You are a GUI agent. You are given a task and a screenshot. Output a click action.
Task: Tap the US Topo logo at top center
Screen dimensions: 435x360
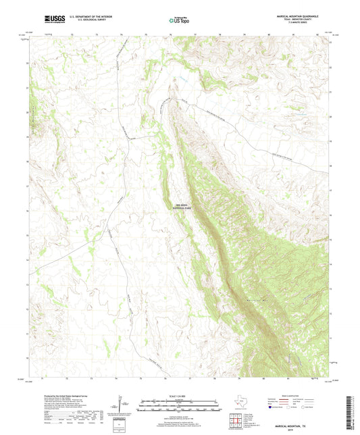coord(174,21)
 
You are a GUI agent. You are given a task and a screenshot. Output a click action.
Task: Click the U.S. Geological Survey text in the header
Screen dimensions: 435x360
coord(85,22)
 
